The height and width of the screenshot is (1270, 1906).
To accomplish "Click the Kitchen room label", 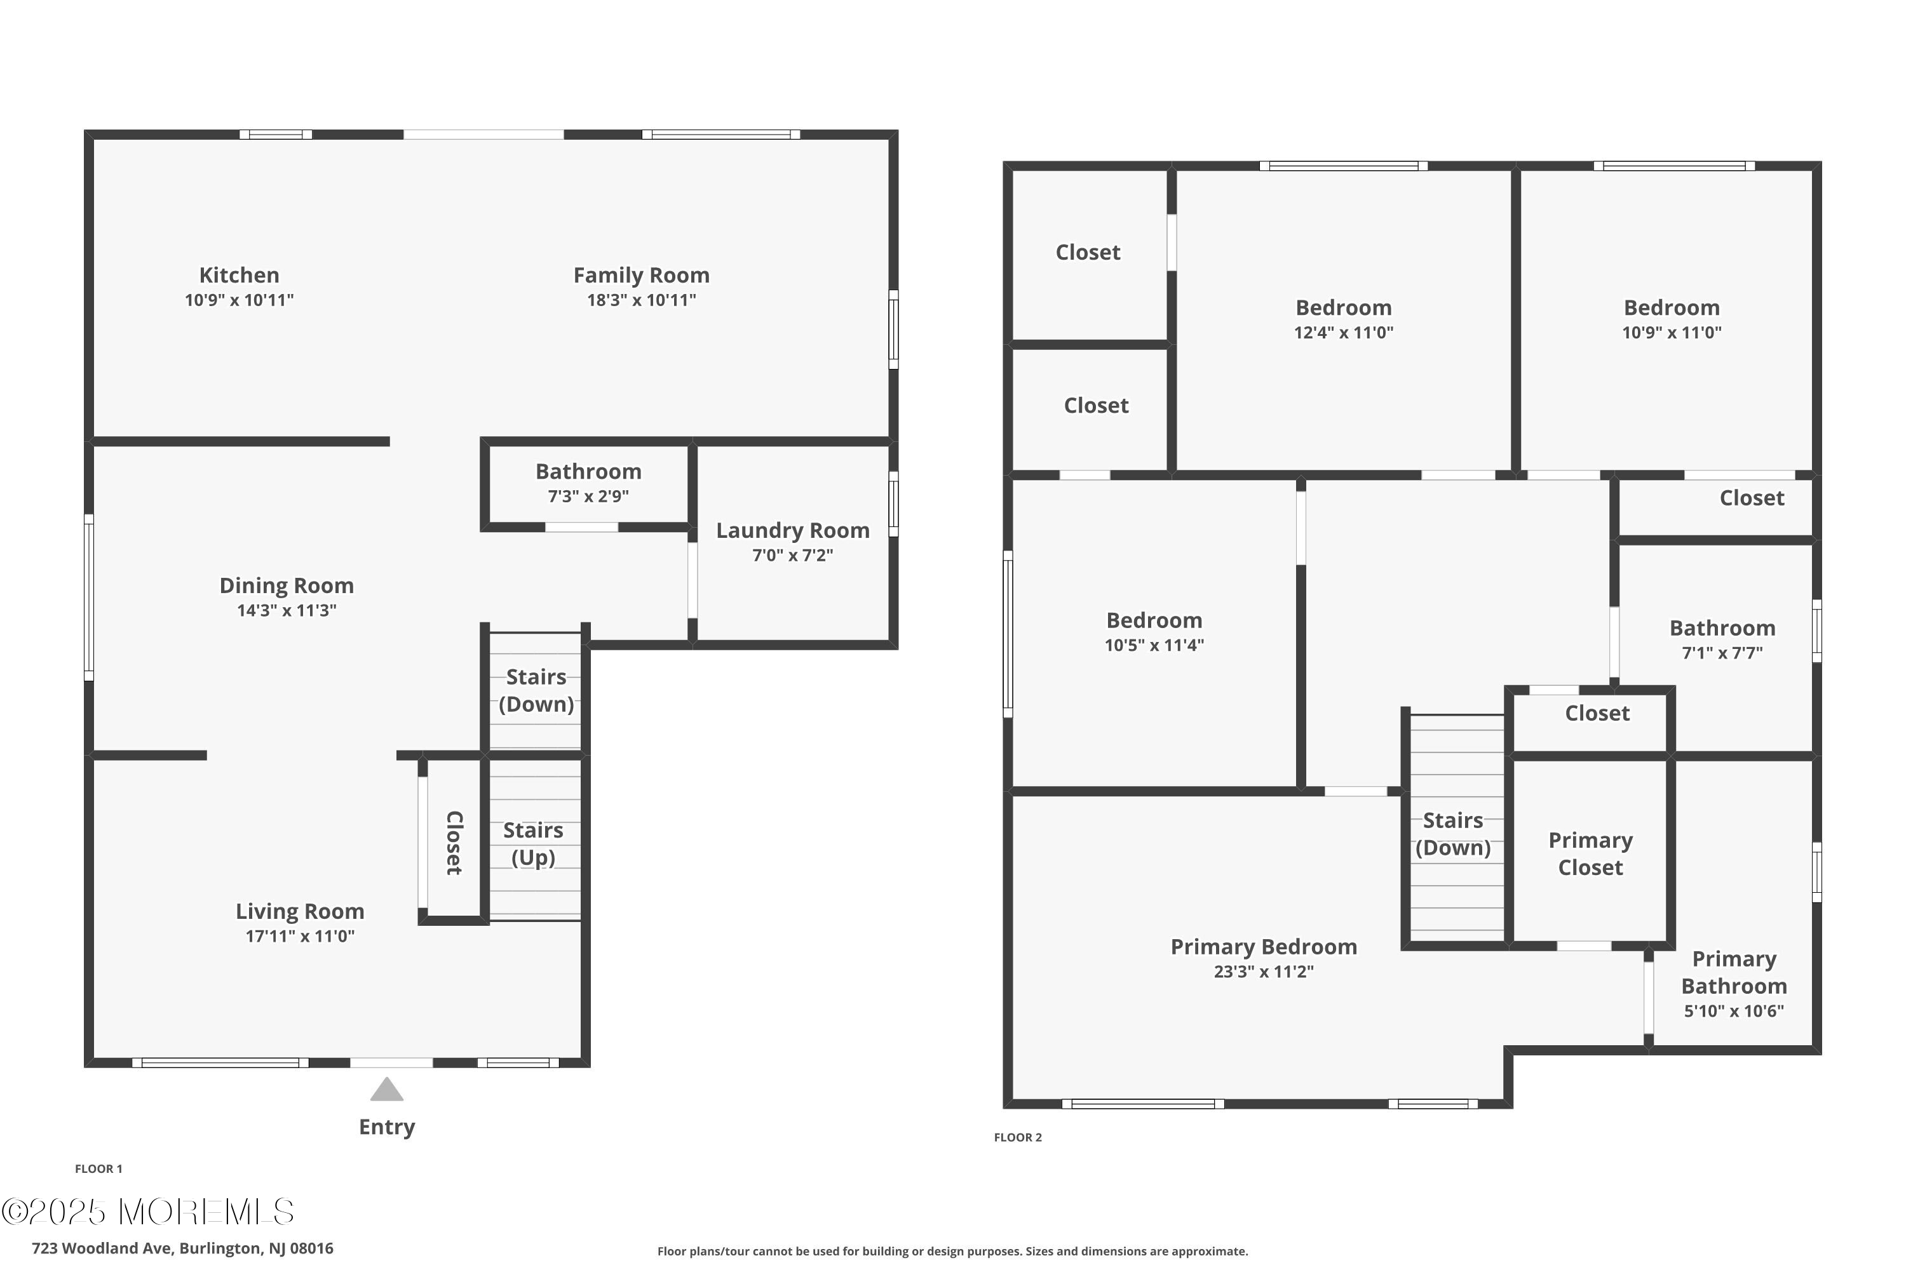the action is (239, 276).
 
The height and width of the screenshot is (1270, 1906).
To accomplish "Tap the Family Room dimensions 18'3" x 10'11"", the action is (642, 300).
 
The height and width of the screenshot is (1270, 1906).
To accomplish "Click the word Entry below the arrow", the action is (388, 1128).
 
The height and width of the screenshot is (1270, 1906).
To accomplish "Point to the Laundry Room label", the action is (792, 530).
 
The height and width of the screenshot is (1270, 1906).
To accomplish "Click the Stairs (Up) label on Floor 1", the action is (533, 844).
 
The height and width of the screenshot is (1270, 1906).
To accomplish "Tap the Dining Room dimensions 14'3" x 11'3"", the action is (287, 611).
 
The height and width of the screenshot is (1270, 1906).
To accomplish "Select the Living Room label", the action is (300, 912).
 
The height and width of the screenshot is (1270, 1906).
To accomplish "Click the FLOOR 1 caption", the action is (99, 1169).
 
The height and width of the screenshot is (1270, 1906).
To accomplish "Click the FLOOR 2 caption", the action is (1018, 1137).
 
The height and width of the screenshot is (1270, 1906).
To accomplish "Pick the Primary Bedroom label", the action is (1264, 947).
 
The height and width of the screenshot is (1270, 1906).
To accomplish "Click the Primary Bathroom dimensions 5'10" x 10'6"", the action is (1734, 1011).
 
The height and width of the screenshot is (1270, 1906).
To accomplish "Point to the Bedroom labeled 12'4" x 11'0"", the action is (1344, 308).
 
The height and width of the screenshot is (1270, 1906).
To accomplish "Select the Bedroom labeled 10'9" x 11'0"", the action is (1672, 308).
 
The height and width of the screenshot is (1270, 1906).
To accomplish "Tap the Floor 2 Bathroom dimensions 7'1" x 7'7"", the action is (1723, 653).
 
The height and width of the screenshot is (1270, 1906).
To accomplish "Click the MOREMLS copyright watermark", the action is (147, 1212).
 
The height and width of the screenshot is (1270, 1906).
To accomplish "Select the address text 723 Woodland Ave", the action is (103, 1248).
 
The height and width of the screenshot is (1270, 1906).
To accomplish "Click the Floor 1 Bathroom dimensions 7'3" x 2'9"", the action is (588, 497).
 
